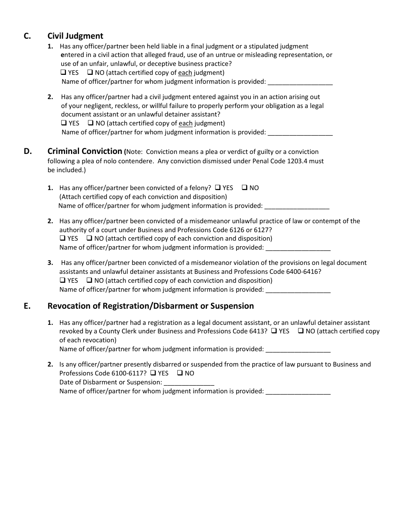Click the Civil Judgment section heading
[75, 36]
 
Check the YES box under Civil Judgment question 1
[63, 73]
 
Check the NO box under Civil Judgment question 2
[91, 123]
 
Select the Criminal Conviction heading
[85, 151]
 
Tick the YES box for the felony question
[218, 188]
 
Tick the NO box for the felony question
[245, 188]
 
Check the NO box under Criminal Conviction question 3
[89, 281]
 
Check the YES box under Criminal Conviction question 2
[63, 239]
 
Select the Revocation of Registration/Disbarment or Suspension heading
[151, 306]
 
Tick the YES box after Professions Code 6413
[274, 331]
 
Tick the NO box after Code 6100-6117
[180, 373]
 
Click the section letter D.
[28, 151]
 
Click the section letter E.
[27, 306]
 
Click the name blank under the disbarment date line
[298, 392]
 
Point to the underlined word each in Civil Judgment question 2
[185, 123]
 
